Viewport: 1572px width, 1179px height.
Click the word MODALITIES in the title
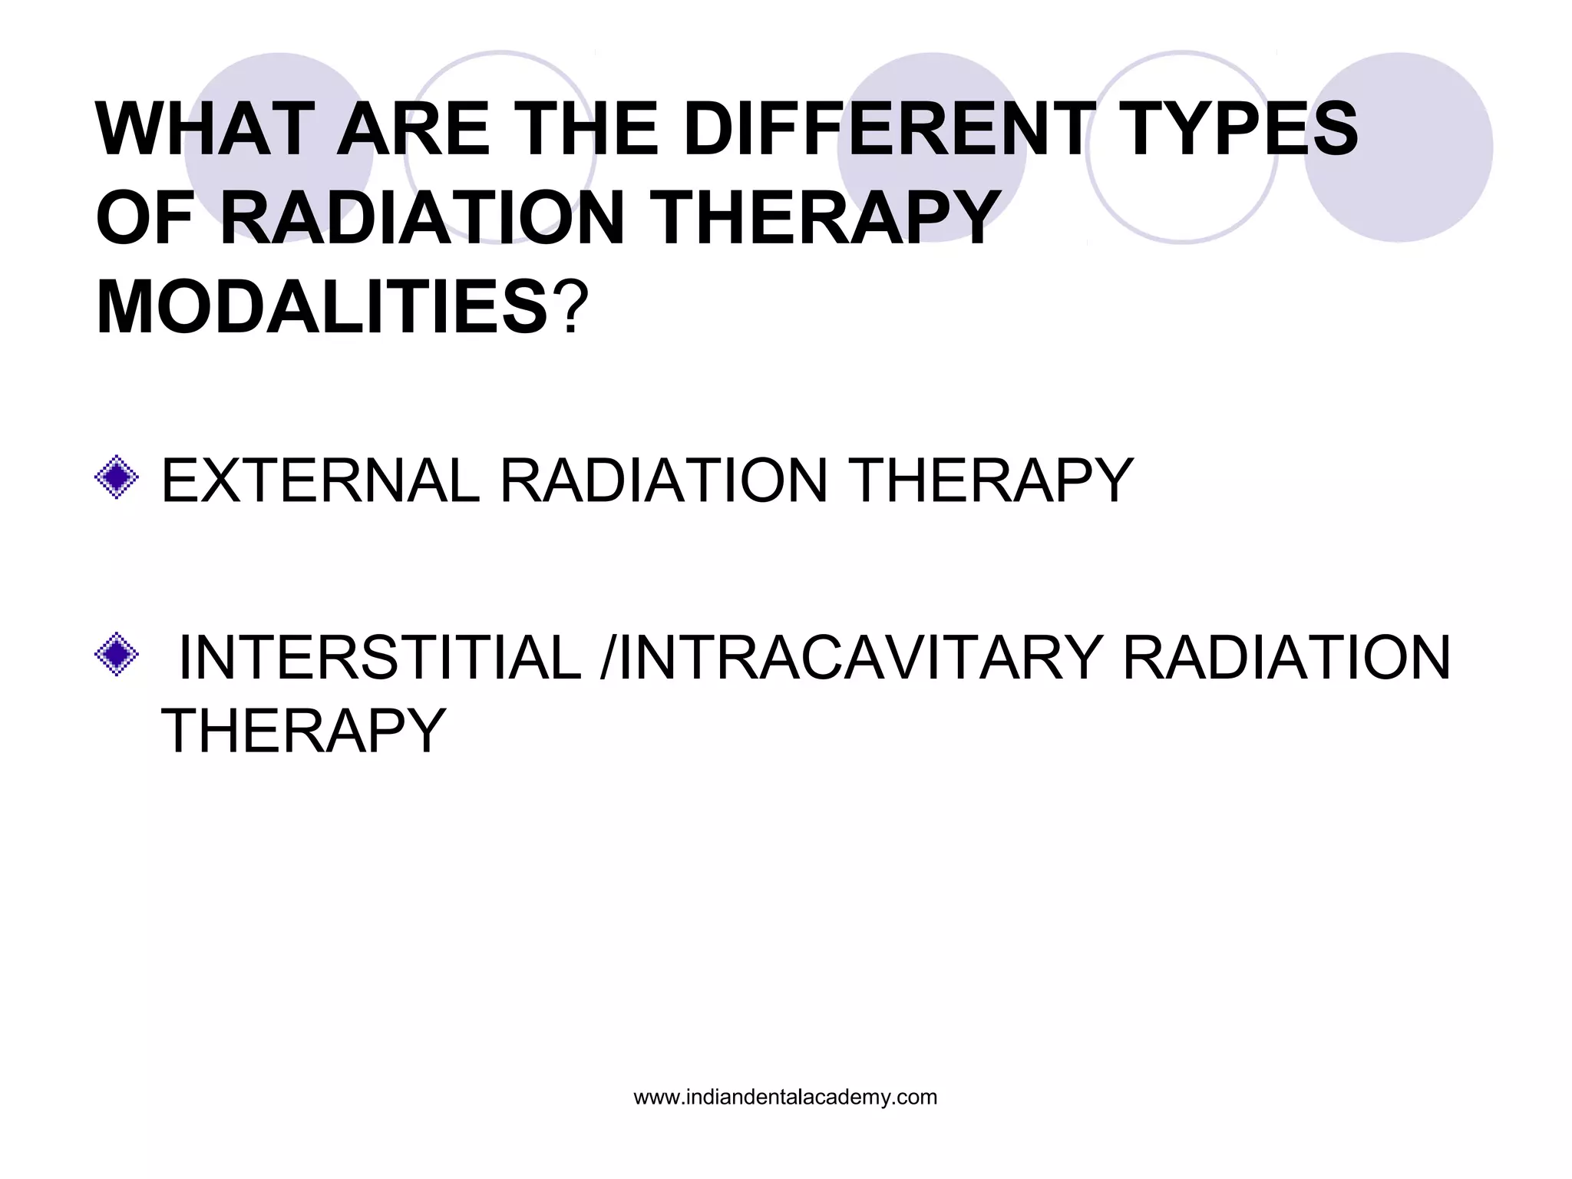point(322,308)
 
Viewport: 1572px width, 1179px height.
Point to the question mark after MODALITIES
point(572,308)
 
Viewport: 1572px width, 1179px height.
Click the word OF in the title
point(145,219)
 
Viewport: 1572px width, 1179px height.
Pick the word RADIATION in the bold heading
point(422,219)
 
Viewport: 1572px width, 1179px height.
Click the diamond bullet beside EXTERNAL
point(117,477)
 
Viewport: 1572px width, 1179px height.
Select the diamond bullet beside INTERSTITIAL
point(117,654)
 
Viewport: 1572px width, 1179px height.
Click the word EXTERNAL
point(320,481)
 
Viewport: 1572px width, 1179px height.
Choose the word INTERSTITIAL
point(379,659)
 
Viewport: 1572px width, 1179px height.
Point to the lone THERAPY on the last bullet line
point(303,731)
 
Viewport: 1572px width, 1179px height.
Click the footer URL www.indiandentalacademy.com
point(785,1098)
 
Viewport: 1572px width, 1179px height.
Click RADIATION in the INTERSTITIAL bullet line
point(1286,659)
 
